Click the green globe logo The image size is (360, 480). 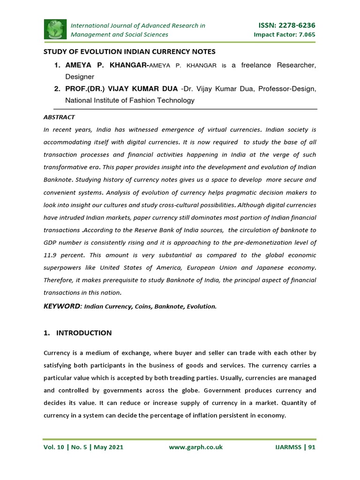pos(56,29)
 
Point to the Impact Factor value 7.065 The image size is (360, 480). pos(305,35)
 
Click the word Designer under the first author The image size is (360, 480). pos(80,77)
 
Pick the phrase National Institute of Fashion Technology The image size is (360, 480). pos(129,100)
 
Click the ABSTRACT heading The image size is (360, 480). pos(59,117)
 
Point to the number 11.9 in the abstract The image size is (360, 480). pos(52,255)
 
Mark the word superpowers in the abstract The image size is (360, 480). pos(62,268)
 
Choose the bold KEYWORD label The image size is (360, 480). pos(62,306)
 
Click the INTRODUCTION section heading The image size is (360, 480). pos(83,333)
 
